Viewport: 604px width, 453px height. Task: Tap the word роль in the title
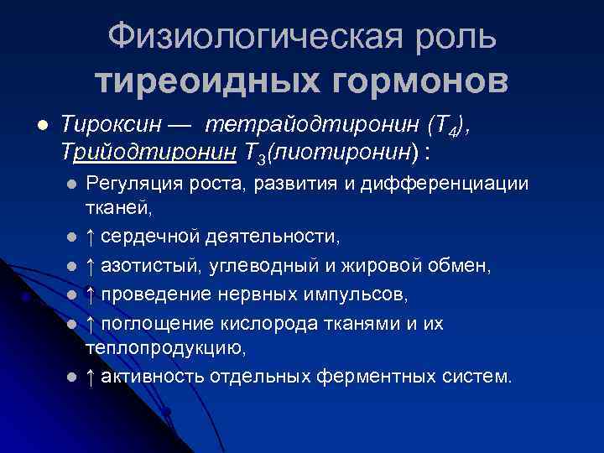[x=456, y=38]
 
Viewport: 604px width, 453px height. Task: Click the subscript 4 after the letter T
[x=453, y=132]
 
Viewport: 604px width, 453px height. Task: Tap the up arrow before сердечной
[x=91, y=237]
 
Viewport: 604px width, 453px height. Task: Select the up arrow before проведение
[x=91, y=294]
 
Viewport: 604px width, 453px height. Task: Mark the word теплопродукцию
[x=165, y=346]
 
